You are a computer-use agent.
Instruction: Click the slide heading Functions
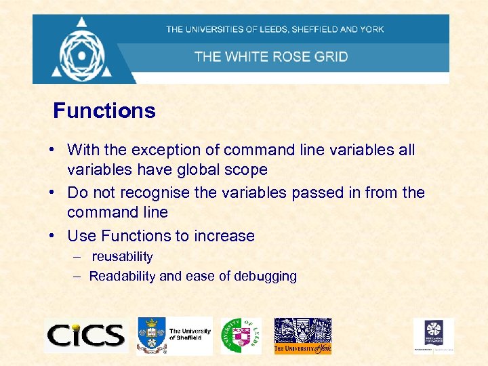click(104, 110)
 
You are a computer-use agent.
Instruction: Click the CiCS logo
click(86, 335)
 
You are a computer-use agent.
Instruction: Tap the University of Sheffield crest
click(152, 335)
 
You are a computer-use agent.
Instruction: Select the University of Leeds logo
click(240, 335)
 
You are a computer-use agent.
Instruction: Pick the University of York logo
click(302, 335)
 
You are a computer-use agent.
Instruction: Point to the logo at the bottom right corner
click(434, 335)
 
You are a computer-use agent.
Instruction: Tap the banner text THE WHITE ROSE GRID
click(271, 56)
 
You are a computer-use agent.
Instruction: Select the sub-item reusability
click(123, 256)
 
